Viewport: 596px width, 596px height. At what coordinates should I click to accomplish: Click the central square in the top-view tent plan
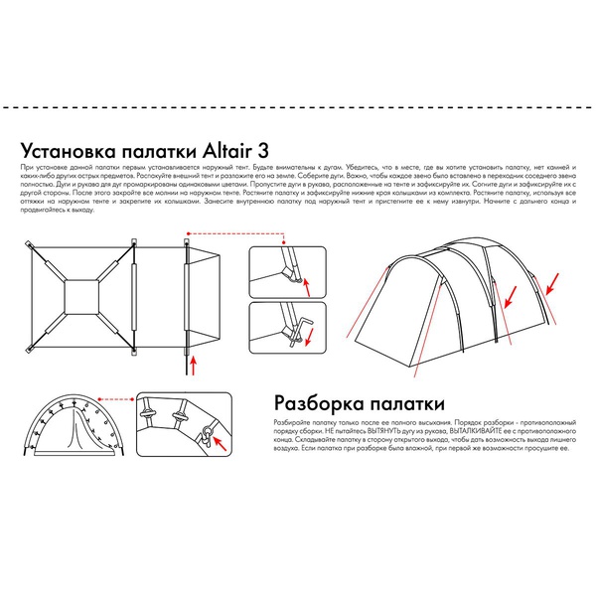point(80,295)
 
